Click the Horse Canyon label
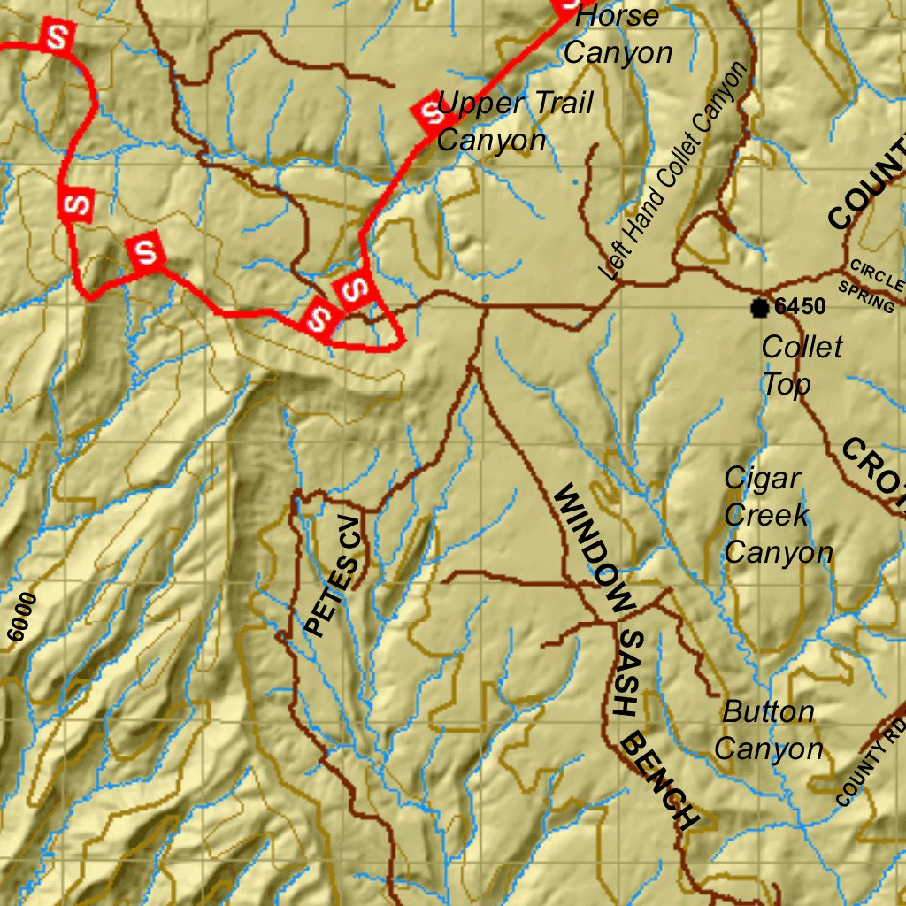coord(618,34)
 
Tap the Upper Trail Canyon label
coord(515,121)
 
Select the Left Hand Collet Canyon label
coord(674,172)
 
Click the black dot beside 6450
coord(759,307)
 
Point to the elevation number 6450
coord(800,307)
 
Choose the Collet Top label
coord(802,365)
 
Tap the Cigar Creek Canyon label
coord(778,515)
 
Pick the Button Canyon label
coord(768,730)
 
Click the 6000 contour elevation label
coord(22,617)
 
